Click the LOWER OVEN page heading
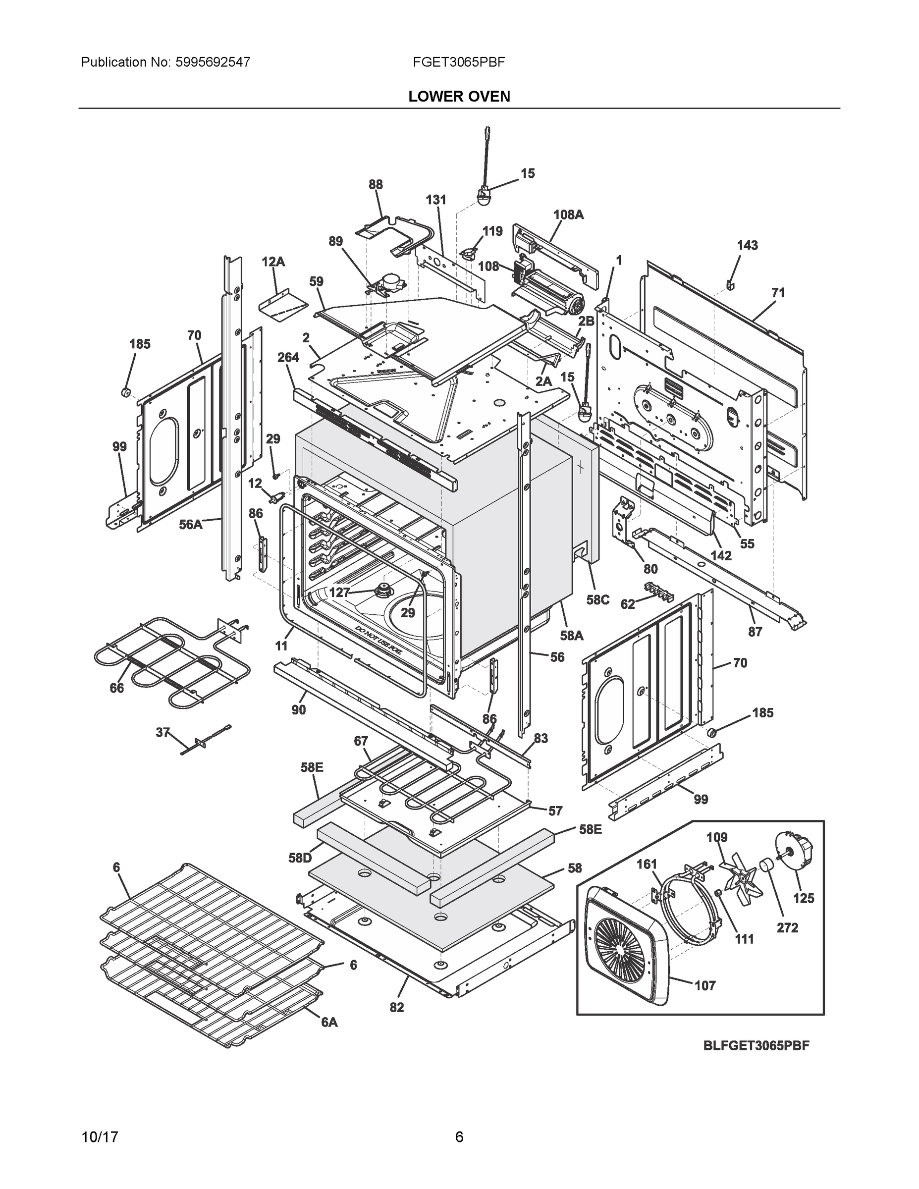pyautogui.click(x=459, y=97)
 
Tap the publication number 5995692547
pyautogui.click(x=213, y=62)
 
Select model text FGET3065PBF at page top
pyautogui.click(x=459, y=62)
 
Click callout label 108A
pyautogui.click(x=568, y=215)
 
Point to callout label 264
pyautogui.click(x=288, y=357)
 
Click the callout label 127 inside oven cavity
pyautogui.click(x=339, y=593)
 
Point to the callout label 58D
pyautogui.click(x=300, y=858)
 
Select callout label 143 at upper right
pyautogui.click(x=748, y=245)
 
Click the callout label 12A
pyautogui.click(x=273, y=262)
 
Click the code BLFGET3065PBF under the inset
pyautogui.click(x=756, y=1045)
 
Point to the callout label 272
pyautogui.click(x=787, y=927)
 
